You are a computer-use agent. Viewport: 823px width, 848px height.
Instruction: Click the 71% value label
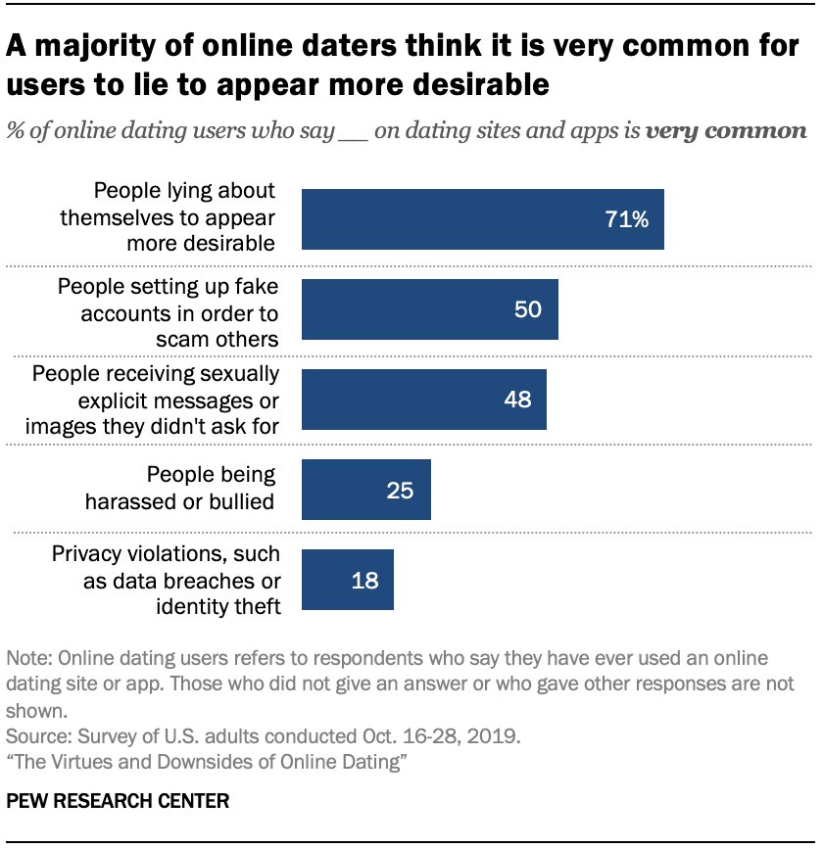pyautogui.click(x=627, y=219)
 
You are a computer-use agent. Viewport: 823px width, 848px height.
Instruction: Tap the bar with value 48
pyautogui.click(x=423, y=400)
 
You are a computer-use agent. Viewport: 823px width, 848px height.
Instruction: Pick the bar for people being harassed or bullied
pyautogui.click(x=365, y=490)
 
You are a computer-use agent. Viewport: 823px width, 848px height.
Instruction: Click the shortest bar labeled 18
pyautogui.click(x=347, y=580)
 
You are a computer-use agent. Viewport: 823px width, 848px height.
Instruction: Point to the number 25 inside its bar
pyautogui.click(x=400, y=490)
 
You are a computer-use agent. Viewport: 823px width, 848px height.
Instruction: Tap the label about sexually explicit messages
pyautogui.click(x=156, y=399)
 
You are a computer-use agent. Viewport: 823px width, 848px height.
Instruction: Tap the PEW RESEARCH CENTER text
pyautogui.click(x=118, y=801)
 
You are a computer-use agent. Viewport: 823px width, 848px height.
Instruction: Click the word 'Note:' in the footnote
pyautogui.click(x=26, y=656)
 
